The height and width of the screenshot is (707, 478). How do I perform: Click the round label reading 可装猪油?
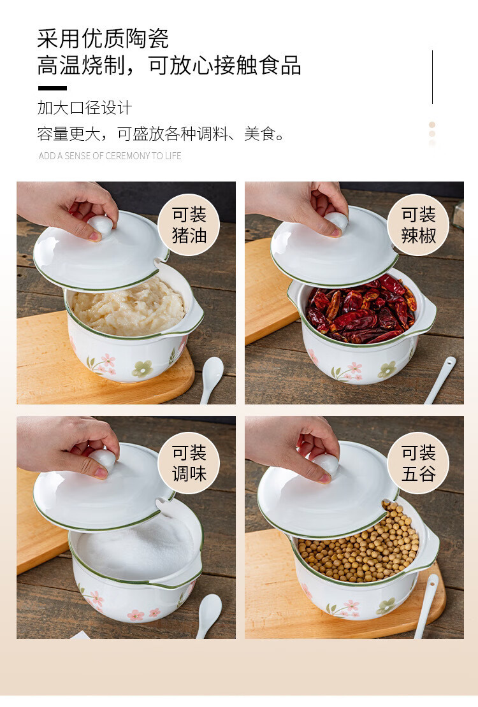[x=189, y=225]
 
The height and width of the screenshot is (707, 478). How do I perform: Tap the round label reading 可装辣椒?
[x=419, y=225]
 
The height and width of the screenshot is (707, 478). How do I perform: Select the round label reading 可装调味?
[x=189, y=462]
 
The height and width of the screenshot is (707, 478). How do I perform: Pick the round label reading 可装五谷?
[x=419, y=462]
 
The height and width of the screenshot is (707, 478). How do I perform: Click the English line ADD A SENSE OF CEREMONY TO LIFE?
[x=110, y=156]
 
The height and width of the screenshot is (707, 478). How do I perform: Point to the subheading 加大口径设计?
[x=85, y=108]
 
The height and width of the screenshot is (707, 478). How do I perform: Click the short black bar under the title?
[x=52, y=88]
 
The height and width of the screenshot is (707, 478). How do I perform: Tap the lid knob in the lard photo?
[x=100, y=224]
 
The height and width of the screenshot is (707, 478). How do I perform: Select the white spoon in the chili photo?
[x=440, y=380]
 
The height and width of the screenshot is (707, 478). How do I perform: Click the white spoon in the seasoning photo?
[x=210, y=615]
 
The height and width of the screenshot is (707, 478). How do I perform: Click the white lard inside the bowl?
[x=129, y=306]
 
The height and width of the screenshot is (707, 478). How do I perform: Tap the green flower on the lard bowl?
[x=142, y=368]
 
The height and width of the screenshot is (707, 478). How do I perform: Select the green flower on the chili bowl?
[x=387, y=369]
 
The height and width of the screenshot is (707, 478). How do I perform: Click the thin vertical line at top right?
[x=432, y=77]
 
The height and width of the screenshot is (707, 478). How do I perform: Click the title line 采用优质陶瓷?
[x=103, y=38]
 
